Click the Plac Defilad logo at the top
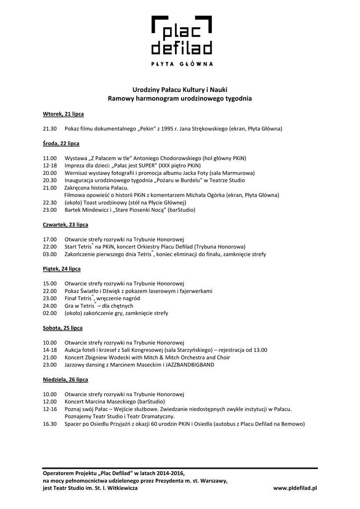click(181, 35)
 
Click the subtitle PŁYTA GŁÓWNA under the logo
click(182, 64)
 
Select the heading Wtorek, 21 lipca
click(63, 114)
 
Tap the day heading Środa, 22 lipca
click(61, 143)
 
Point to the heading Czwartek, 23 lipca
click(66, 224)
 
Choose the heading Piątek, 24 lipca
click(62, 268)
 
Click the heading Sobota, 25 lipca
click(63, 328)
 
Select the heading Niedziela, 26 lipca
click(66, 379)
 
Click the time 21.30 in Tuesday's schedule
click(50, 129)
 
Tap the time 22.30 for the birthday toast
click(50, 203)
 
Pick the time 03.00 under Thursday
click(50, 254)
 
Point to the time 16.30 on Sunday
click(50, 424)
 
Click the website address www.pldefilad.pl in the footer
click(295, 488)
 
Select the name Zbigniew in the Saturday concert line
click(101, 357)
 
